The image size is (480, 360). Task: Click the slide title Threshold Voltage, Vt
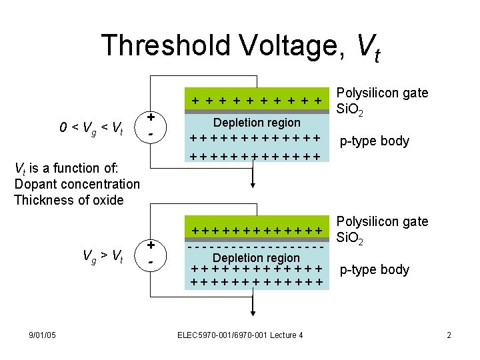tap(240, 47)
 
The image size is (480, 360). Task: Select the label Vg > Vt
tap(102, 255)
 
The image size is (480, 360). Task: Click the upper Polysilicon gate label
tap(383, 93)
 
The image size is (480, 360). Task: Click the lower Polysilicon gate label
tap(383, 222)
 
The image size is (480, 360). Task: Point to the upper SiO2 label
tap(351, 109)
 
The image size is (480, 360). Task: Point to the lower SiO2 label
tap(351, 237)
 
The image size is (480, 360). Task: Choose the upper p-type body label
tap(374, 141)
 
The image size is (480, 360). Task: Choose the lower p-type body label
tap(374, 269)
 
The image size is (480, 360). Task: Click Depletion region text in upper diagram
tap(257, 123)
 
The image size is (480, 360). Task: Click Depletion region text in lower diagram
tap(257, 258)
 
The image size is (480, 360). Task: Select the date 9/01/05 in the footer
tap(42, 334)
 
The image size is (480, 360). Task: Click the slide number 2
tap(449, 334)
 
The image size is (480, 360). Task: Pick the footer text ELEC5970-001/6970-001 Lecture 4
tap(241, 334)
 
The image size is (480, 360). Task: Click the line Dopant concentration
tap(77, 184)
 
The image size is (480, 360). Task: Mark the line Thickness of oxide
tap(69, 200)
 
